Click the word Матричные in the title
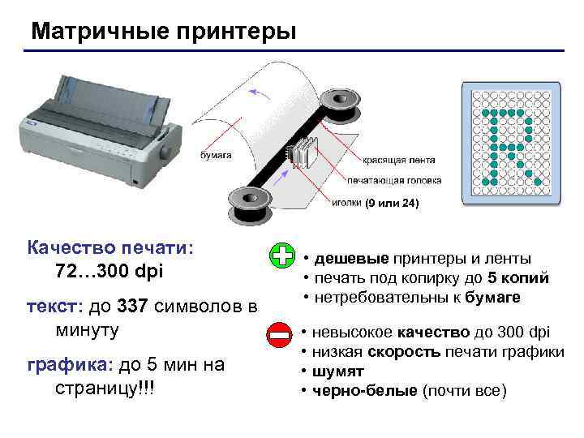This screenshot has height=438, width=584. (101, 32)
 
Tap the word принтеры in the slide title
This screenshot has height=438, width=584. (237, 32)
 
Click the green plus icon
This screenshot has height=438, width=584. (282, 255)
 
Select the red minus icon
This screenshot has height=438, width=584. (279, 335)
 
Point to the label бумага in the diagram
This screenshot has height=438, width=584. (216, 155)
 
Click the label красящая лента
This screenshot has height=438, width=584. (399, 160)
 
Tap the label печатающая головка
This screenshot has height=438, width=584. (394, 181)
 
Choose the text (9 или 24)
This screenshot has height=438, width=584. (392, 203)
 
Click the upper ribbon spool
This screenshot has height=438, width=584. (340, 105)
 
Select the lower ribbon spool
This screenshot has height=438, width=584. (249, 204)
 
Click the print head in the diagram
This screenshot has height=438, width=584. (303, 152)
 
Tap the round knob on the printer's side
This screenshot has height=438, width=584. (166, 152)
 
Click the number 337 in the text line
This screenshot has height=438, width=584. (132, 306)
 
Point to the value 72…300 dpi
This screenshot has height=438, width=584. (109, 271)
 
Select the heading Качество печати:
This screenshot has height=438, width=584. (110, 247)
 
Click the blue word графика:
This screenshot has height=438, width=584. (70, 365)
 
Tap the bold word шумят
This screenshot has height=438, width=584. (337, 371)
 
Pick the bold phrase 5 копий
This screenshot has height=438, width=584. (518, 278)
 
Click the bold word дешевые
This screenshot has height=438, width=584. (351, 259)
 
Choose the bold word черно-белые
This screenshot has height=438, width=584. (365, 391)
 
